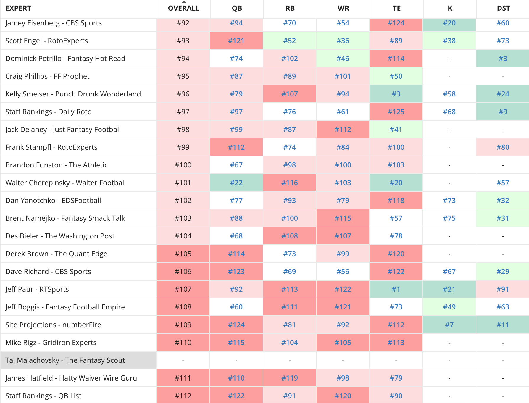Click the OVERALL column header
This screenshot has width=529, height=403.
183,8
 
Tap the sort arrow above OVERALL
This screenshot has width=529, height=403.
184,2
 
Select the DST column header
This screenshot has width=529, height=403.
503,8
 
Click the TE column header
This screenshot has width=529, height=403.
396,8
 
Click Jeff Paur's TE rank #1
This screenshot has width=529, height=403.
396,289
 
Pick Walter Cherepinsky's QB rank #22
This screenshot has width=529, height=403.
236,183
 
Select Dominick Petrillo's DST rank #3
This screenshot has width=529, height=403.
503,58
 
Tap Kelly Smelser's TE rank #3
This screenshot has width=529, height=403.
396,94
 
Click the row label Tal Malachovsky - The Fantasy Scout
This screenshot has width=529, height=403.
65,360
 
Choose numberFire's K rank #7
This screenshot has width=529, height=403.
449,325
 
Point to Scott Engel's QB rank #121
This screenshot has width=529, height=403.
236,41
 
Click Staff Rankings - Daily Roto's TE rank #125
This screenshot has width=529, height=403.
396,112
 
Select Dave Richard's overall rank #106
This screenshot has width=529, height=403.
183,271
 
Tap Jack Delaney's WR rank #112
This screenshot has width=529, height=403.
343,129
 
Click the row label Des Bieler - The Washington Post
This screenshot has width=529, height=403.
60,236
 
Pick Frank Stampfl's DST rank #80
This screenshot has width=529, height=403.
503,147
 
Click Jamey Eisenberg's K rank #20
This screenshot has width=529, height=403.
449,23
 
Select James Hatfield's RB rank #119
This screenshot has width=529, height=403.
289,378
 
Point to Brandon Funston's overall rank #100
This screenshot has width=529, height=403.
183,165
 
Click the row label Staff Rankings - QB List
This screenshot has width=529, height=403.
43,396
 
